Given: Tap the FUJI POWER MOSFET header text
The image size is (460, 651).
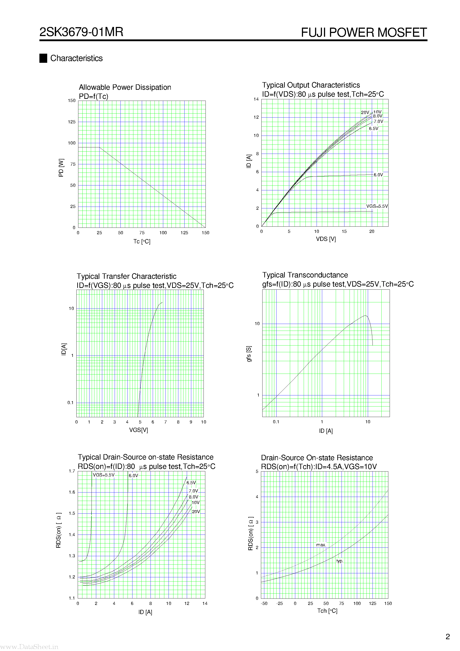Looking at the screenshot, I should [x=364, y=33].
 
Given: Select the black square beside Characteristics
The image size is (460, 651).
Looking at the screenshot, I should [x=43, y=58].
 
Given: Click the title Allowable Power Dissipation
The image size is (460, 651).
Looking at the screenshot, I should [x=125, y=87].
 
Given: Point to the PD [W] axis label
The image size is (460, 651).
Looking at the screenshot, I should [x=61, y=168].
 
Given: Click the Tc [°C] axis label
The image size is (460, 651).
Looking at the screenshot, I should [x=142, y=242].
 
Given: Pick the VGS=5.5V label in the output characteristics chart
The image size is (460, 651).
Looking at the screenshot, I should [x=377, y=206].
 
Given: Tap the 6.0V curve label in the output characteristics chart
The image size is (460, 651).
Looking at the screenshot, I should [x=378, y=175].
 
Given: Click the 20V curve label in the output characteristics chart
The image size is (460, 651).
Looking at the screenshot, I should [x=365, y=113].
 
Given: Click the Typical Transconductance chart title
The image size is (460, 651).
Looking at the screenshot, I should [x=305, y=275].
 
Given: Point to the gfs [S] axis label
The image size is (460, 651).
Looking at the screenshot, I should [x=249, y=354].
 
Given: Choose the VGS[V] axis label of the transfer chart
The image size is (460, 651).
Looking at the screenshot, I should [x=138, y=430].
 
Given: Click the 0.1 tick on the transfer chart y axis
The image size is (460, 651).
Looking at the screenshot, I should [x=70, y=403].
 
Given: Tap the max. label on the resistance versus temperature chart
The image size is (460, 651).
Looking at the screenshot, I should [x=321, y=545].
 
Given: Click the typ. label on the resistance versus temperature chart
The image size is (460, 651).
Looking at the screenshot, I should [x=340, y=561].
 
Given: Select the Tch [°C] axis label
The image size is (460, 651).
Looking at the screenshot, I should [x=327, y=611].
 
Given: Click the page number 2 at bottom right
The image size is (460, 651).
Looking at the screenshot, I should [x=448, y=637].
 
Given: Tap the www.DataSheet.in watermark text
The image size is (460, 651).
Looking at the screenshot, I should [x=29, y=647].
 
